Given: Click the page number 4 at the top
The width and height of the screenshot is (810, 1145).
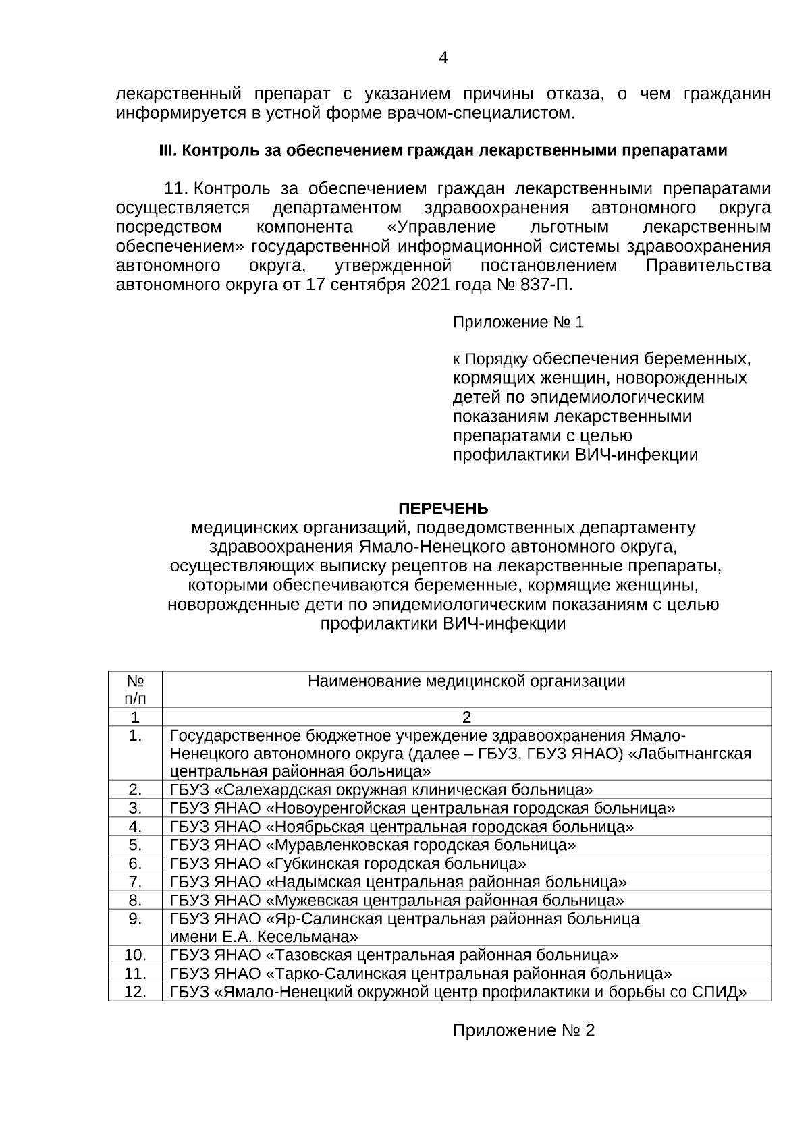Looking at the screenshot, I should (443, 58).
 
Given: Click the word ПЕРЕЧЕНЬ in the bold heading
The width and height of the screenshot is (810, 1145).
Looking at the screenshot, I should (443, 508).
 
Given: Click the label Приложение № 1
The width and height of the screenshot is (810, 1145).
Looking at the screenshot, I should (518, 323).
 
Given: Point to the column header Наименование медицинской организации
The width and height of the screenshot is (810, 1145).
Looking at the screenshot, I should (466, 681).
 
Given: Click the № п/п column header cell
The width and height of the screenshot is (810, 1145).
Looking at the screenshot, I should (135, 689).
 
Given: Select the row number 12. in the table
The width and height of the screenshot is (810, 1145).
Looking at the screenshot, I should (135, 992).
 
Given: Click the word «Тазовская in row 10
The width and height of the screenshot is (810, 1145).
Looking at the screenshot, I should (310, 955).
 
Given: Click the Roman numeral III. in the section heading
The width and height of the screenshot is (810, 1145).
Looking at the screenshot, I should (168, 150).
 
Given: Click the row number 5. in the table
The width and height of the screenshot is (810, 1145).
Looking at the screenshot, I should (135, 845).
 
